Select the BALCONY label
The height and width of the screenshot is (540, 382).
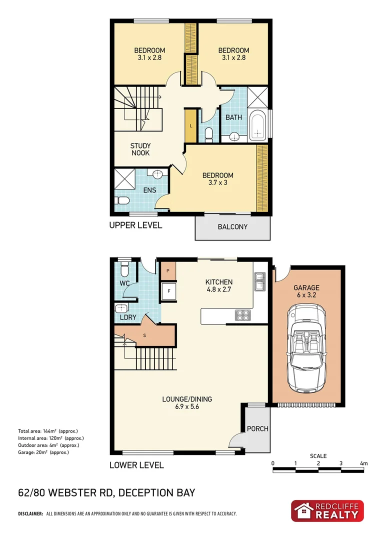232,227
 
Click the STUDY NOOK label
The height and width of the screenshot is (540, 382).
140,149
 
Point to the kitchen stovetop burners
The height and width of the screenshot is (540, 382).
242,315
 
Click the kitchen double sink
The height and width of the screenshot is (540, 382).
260,281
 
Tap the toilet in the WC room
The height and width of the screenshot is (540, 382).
125,270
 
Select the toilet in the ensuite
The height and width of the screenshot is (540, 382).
121,200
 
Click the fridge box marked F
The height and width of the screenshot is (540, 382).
169,290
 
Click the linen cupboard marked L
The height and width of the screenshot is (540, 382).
191,125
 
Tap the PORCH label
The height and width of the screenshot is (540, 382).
258,428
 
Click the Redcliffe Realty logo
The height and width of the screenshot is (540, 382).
327,511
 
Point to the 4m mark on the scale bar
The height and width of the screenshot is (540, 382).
363,463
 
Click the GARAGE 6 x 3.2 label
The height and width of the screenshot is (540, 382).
306,291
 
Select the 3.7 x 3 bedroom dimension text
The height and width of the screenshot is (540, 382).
217,182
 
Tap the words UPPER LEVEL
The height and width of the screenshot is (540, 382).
135,225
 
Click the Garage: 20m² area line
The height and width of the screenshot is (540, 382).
43,452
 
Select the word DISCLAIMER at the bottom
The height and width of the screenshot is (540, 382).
30,513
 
